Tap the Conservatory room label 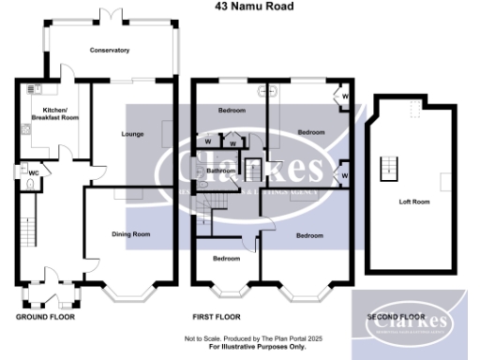110,50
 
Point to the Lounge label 132,134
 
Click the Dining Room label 131,233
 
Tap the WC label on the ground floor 33,173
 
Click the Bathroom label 221,172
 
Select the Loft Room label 414,202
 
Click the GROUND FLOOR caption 45,317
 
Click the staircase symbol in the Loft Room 384,170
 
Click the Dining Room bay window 130,293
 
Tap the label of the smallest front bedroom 226,258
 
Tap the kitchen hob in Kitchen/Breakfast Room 36,88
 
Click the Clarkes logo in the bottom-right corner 409,322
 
